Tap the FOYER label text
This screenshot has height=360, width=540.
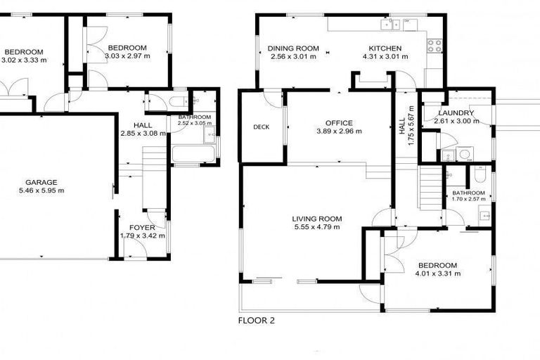[142, 227]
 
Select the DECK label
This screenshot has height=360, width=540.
[262, 127]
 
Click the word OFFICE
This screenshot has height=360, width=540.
[339, 123]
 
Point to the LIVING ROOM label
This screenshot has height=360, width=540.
[316, 219]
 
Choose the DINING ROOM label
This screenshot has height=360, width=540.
[293, 49]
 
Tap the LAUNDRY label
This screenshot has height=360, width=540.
[456, 113]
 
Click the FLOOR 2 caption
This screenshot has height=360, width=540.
[257, 321]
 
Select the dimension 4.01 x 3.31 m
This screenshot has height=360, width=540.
[436, 274]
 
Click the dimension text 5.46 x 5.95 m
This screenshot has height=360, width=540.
[41, 191]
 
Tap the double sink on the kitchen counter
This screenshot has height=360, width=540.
[388, 25]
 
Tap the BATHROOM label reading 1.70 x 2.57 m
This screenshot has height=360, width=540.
[468, 193]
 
